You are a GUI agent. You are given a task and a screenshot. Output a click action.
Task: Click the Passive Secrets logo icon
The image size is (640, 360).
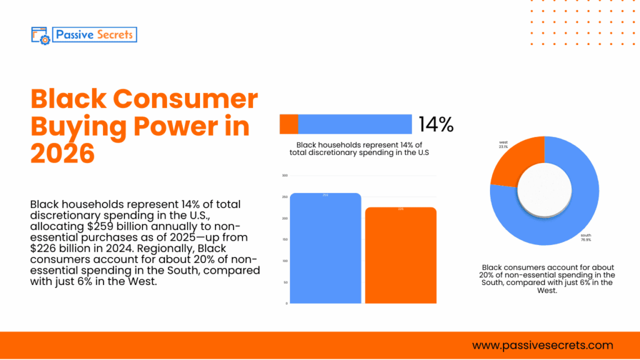coord(40,34)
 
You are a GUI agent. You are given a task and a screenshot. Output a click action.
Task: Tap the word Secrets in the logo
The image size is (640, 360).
coord(114,34)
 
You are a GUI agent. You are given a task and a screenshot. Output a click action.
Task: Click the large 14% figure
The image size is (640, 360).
coord(436,124)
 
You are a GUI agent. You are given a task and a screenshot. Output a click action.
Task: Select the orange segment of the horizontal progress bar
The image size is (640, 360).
coord(289,124)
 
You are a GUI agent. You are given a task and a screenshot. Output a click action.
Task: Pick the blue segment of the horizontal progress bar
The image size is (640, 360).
coord(355,124)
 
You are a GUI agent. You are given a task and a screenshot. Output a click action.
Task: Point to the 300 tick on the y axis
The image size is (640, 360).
coord(284,176)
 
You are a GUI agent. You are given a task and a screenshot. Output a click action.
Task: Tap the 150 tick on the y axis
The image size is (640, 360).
coord(284,239)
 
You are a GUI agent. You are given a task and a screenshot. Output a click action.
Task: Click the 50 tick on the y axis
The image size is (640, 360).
coord(285,282)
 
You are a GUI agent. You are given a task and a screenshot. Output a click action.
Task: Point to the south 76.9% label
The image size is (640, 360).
coord(586,237)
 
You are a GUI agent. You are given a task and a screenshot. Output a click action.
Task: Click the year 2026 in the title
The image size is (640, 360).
coord(62,153)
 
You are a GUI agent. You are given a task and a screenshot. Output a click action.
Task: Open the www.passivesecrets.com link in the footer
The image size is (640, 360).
coord(542,345)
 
